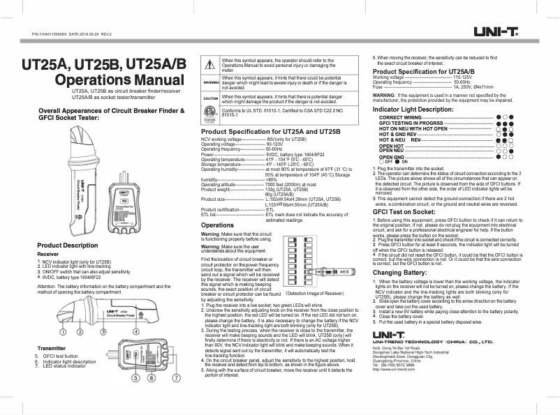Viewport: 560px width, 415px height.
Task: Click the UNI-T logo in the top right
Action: (496, 31)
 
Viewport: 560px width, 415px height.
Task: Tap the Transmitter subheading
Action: (51, 347)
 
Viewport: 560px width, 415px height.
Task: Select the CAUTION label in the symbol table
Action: (211, 99)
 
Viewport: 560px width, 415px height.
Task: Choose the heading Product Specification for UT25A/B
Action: (424, 71)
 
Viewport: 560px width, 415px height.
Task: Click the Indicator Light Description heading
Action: (413, 110)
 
